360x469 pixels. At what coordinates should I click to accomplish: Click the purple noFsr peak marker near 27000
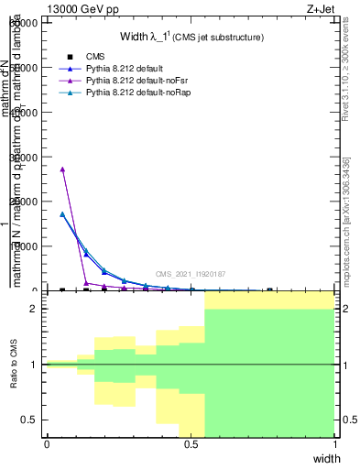tap(62, 169)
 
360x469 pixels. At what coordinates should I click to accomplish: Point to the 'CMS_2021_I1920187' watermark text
tap(190, 274)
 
